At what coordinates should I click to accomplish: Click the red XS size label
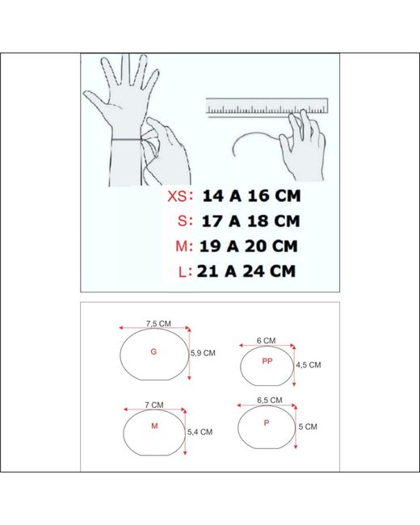[178, 196]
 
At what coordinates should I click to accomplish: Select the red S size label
[183, 221]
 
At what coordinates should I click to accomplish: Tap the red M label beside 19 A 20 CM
[182, 246]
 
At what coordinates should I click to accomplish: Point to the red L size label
[183, 271]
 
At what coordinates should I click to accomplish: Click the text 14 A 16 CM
[251, 196]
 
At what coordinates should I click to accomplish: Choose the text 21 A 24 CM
[246, 271]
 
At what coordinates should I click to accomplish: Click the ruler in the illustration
[267, 107]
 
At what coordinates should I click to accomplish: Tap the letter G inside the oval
[153, 351]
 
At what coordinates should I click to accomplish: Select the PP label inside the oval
[267, 361]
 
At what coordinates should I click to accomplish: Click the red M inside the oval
[154, 426]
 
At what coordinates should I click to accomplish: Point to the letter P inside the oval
[267, 423]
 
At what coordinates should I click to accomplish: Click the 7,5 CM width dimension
[158, 323]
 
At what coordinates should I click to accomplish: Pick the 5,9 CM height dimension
[203, 353]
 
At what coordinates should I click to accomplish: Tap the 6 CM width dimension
[267, 341]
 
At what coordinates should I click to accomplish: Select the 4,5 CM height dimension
[308, 365]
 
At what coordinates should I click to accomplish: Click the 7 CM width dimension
[154, 405]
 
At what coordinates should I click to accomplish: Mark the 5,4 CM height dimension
[200, 432]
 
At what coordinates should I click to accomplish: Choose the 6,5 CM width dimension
[270, 400]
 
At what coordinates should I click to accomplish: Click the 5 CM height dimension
[308, 426]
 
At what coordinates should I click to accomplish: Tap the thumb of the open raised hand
[96, 101]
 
